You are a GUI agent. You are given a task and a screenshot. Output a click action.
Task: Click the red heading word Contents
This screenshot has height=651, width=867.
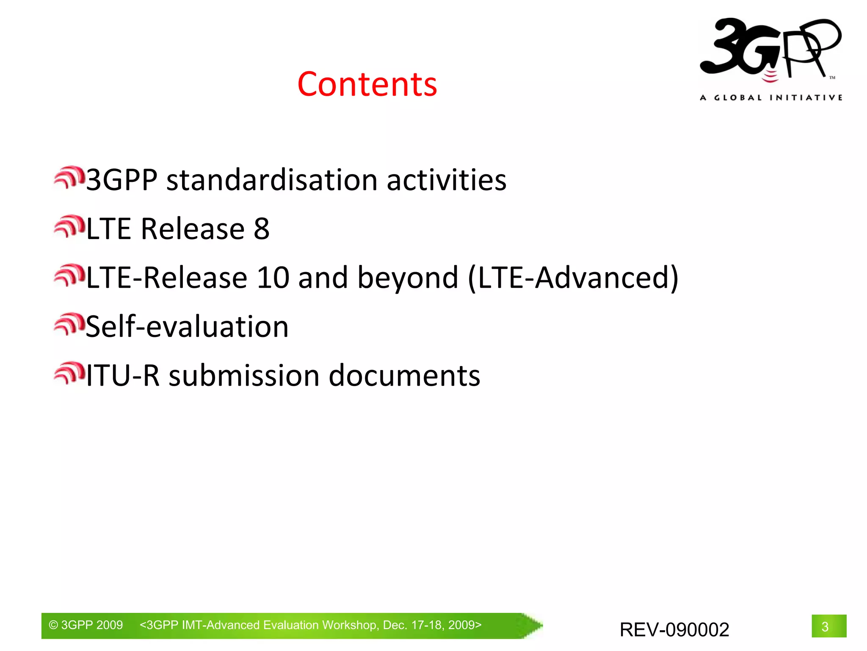click(x=367, y=84)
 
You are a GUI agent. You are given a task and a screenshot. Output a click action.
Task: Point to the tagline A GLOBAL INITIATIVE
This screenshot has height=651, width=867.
click(x=771, y=98)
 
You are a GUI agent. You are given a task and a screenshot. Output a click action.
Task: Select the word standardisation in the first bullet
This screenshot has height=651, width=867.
click(x=272, y=180)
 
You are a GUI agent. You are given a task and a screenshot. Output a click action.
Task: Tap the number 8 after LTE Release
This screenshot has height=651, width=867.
click(x=261, y=229)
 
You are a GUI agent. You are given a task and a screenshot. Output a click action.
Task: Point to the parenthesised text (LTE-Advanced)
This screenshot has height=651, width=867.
click(x=573, y=278)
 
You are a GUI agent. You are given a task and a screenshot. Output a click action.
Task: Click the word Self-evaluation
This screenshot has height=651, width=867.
click(x=187, y=327)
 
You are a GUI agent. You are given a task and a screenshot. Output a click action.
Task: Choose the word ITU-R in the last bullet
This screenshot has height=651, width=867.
click(x=123, y=376)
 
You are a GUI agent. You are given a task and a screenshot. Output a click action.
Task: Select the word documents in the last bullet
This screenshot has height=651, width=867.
click(x=404, y=376)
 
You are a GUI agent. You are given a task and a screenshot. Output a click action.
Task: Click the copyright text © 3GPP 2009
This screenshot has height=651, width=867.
click(x=86, y=625)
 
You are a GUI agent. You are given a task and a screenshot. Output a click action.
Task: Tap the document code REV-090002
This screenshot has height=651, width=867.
click(x=674, y=630)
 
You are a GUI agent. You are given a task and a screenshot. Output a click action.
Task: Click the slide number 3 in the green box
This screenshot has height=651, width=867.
click(x=825, y=627)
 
